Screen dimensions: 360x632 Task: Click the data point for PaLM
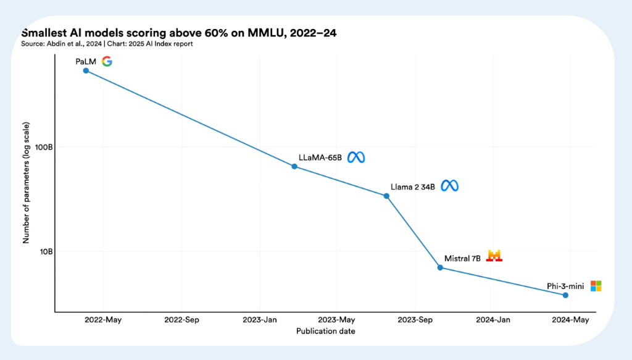(86, 70)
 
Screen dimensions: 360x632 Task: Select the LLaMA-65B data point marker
(294, 167)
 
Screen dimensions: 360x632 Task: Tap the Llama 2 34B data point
(387, 196)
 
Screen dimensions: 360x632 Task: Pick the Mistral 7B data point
(440, 267)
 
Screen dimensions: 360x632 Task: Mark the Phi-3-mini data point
(565, 295)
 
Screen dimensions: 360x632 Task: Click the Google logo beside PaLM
(107, 61)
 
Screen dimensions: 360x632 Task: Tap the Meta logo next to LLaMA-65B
(356, 157)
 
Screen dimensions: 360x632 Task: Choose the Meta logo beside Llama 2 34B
(449, 186)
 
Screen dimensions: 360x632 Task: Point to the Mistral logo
(494, 256)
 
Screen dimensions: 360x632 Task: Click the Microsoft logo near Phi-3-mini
(596, 286)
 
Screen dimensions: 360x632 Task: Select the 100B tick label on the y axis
(41, 147)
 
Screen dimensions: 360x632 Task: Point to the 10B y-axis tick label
(43, 251)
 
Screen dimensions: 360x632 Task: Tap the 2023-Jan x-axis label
(260, 320)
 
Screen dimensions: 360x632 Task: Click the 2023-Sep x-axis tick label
(415, 320)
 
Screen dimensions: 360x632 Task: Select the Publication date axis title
(325, 332)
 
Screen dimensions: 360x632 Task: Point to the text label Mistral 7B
(462, 258)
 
